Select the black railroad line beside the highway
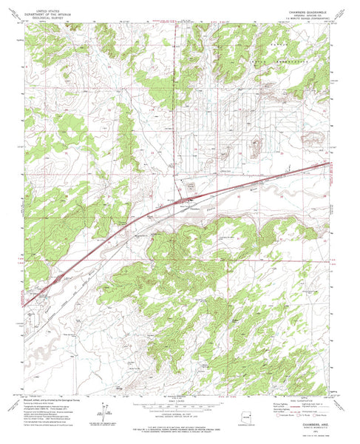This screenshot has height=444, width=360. point(222,194)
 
